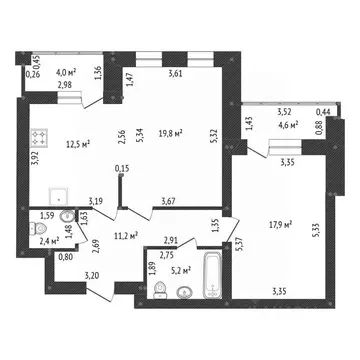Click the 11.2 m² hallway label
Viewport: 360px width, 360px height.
coord(127,236)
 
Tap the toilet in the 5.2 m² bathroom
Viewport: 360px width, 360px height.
coord(160,289)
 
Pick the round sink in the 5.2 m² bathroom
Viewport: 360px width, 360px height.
coord(184,293)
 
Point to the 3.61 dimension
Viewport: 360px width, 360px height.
coord(176,73)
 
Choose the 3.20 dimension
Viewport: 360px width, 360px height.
coord(91,275)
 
